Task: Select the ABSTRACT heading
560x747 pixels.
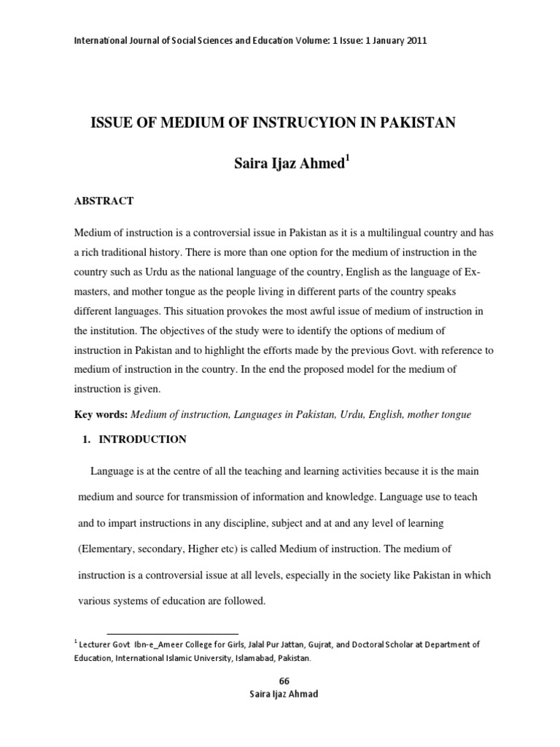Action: tap(104, 201)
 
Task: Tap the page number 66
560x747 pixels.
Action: tap(284, 681)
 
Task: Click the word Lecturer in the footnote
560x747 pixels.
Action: tap(98, 645)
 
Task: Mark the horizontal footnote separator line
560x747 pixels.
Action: tap(172, 633)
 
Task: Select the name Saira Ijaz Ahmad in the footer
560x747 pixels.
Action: tap(284, 694)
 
